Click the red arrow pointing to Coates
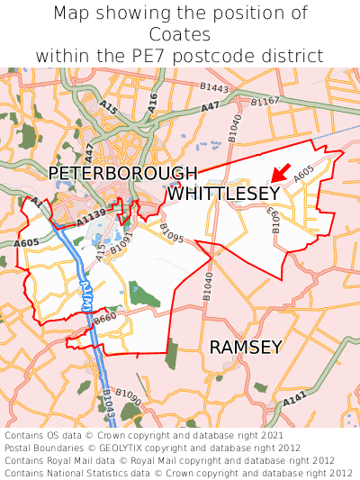pyautogui.click(x=281, y=172)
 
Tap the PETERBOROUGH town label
pyautogui.click(x=122, y=173)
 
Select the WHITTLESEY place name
pyautogui.click(x=223, y=194)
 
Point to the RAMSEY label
pyautogui.click(x=246, y=347)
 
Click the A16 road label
pyautogui.click(x=152, y=101)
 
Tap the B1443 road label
pyautogui.click(x=215, y=88)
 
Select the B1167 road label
pyautogui.click(x=265, y=102)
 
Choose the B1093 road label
pyautogui.click(x=276, y=220)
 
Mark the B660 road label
pyautogui.click(x=105, y=318)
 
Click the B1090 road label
pyautogui.click(x=128, y=396)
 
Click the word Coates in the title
pyautogui.click(x=180, y=34)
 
